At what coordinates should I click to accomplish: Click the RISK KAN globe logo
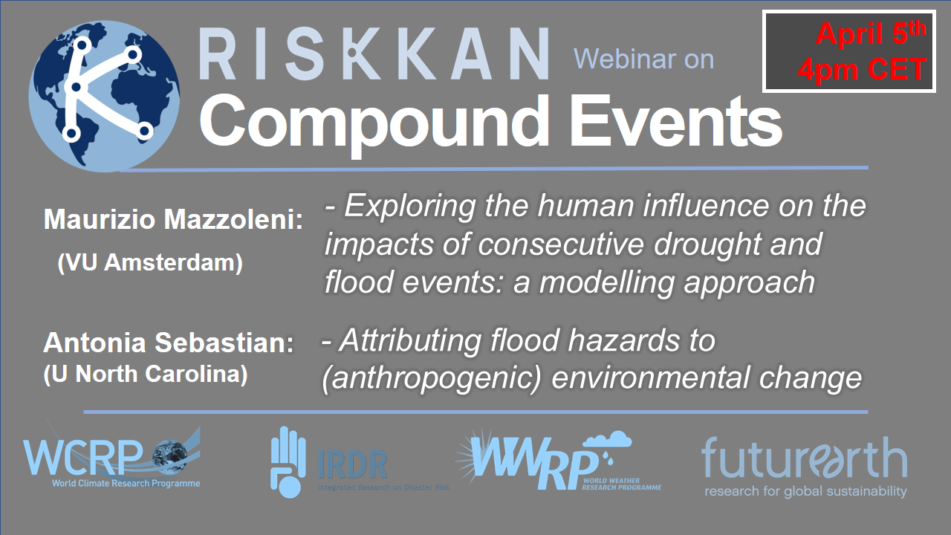click(x=105, y=97)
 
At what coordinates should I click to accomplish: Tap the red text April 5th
click(x=870, y=33)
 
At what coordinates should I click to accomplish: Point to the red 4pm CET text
click(x=862, y=69)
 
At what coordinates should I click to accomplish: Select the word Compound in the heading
click(x=374, y=123)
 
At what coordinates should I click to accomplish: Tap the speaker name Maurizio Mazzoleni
click(x=173, y=219)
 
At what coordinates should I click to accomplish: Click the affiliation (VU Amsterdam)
click(x=150, y=262)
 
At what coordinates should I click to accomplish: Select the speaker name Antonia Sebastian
click(x=169, y=343)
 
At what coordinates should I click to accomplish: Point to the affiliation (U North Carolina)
click(x=145, y=374)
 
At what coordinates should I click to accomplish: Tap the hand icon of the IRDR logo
click(x=288, y=462)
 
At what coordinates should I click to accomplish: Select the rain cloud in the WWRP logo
click(x=607, y=441)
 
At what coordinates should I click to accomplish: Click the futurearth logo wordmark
click(x=805, y=458)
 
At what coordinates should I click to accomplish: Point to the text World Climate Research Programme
click(x=126, y=483)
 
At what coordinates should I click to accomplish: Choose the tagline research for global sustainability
click(x=805, y=492)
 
